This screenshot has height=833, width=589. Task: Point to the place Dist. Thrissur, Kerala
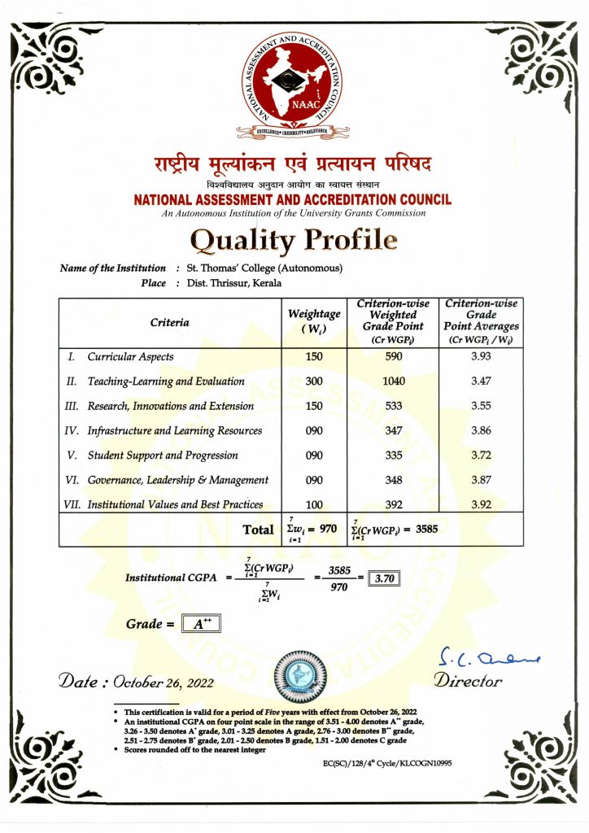click(x=234, y=283)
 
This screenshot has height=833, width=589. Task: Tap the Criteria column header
click(x=169, y=323)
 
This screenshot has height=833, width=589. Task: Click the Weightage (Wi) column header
click(x=314, y=321)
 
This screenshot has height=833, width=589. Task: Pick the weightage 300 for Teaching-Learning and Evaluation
click(x=314, y=382)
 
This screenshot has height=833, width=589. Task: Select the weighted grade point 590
click(x=393, y=357)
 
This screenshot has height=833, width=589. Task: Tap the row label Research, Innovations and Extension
click(x=170, y=406)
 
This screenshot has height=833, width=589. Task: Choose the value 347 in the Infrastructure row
click(x=393, y=431)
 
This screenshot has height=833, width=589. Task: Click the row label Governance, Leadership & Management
click(x=177, y=480)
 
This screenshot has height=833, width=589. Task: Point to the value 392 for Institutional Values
click(x=393, y=505)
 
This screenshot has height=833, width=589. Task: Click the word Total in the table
click(x=259, y=530)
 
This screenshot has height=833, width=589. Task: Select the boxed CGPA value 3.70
click(x=381, y=579)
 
